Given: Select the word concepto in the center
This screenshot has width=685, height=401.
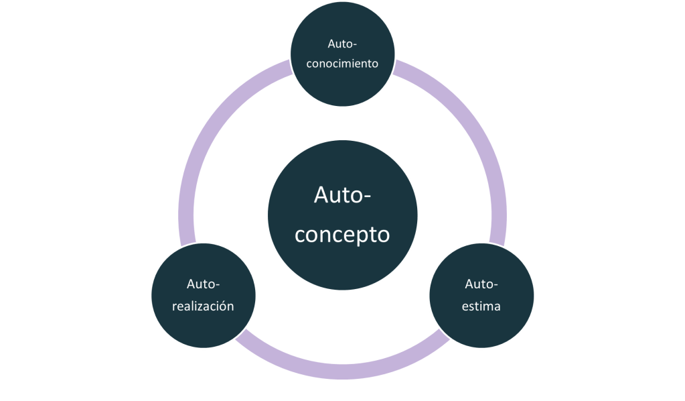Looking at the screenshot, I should pyautogui.click(x=342, y=235).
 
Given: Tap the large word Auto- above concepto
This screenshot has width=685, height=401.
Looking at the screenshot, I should pyautogui.click(x=342, y=196).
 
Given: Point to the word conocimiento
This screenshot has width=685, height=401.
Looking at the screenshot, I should pyautogui.click(x=343, y=64).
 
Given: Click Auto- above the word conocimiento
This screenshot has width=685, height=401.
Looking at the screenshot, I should pyautogui.click(x=343, y=44).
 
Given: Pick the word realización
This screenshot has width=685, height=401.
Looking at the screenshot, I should pyautogui.click(x=203, y=306).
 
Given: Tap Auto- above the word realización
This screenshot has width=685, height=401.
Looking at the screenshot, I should pyautogui.click(x=204, y=284).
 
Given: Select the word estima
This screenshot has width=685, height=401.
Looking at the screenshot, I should pyautogui.click(x=481, y=306).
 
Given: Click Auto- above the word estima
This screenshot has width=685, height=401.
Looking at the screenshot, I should pyautogui.click(x=481, y=284).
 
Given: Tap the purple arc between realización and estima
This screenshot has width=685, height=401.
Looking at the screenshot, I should pyautogui.click(x=342, y=371).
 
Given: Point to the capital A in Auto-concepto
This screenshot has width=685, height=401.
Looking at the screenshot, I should pyautogui.click(x=322, y=196).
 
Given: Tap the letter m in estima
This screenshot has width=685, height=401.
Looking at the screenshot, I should pyautogui.click(x=488, y=306).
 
